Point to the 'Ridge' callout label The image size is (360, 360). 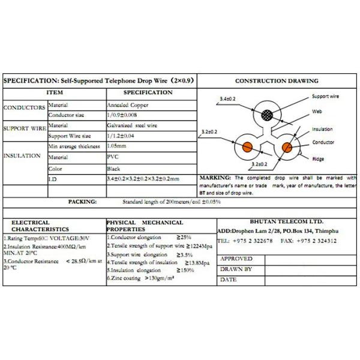click(x=318, y=159)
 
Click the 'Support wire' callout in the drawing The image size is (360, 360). click(x=326, y=96)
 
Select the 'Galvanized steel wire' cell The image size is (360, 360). click(x=131, y=126)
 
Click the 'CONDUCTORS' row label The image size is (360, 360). click(x=24, y=108)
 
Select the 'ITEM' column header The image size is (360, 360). click(x=55, y=92)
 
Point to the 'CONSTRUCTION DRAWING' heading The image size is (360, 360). click(x=277, y=81)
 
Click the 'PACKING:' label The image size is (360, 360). click(x=82, y=202)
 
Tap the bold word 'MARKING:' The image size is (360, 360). click(x=214, y=178)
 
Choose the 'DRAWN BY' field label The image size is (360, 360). click(x=235, y=269)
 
